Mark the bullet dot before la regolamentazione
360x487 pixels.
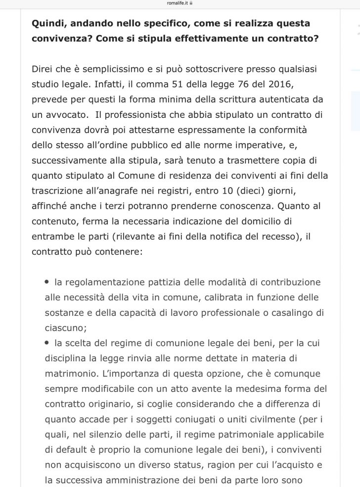[47, 282]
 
